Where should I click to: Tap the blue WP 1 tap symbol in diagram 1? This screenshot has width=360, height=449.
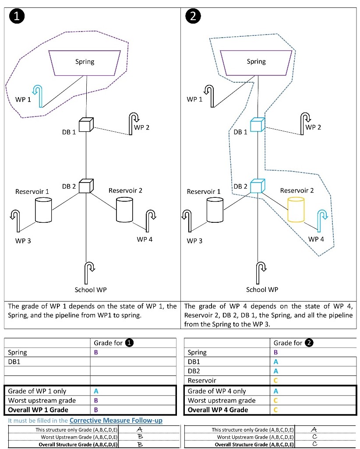tap(39, 95)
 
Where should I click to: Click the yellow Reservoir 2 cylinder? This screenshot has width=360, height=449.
tap(296, 210)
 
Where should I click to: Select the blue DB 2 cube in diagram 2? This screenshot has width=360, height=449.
tap(257, 186)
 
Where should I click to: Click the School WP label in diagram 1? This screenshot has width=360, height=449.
tap(91, 290)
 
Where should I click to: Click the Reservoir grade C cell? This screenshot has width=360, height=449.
tap(275, 381)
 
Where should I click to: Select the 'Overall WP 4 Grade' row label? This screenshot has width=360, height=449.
tap(218, 410)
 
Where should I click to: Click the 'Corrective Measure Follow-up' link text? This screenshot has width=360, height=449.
tap(116, 421)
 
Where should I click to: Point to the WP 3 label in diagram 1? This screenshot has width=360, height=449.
tap(23, 241)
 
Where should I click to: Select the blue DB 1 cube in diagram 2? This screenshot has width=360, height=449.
tap(257, 125)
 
